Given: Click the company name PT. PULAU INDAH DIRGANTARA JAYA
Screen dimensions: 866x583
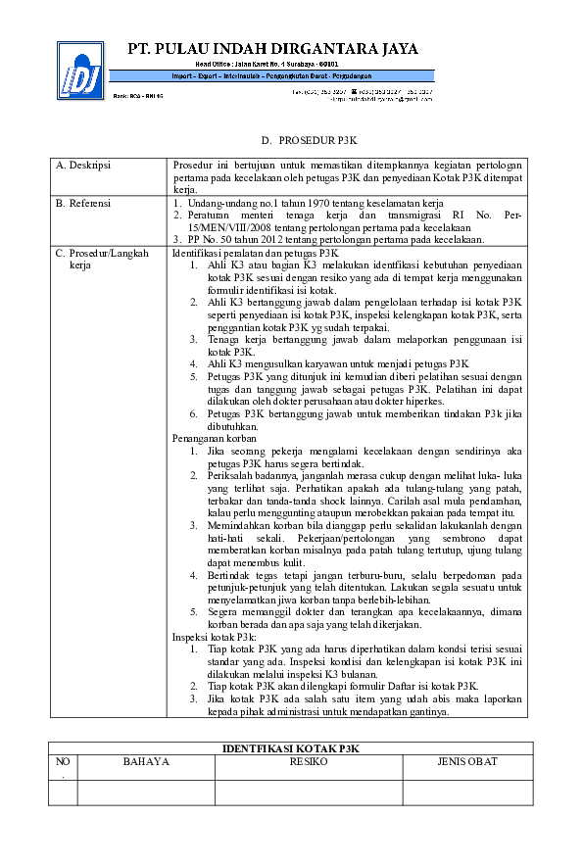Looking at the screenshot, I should pos(272,48).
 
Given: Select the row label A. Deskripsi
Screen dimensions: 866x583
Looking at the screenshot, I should pos(83,165).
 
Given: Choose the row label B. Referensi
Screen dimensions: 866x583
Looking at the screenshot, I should pos(83,203).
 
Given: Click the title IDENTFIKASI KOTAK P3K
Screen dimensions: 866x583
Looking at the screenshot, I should pos(291,748).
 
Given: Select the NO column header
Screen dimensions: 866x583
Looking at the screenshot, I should pos(63,761).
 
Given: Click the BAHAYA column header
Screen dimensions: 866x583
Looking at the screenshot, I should pos(146,761).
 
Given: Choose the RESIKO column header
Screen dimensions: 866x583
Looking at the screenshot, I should pos(308,761).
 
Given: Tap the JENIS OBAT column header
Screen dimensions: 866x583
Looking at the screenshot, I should pos(467,761).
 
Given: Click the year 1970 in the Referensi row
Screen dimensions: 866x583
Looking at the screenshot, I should pos(291,203).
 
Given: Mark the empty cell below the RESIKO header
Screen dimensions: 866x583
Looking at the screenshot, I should pos(308,792).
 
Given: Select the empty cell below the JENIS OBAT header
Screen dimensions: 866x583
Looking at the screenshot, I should pos(467,792).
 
